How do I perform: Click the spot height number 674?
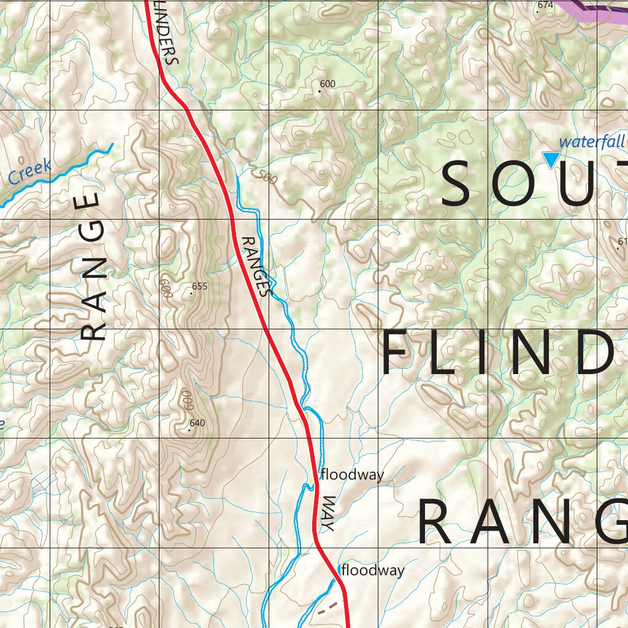click(545, 5)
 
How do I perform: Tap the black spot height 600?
click(327, 84)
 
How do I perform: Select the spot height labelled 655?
click(200, 286)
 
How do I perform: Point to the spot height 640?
click(197, 423)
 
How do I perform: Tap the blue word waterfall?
click(591, 142)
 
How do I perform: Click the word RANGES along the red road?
click(255, 267)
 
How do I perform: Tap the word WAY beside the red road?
click(328, 513)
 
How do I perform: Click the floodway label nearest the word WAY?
click(352, 475)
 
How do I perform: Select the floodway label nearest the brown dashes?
click(373, 570)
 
